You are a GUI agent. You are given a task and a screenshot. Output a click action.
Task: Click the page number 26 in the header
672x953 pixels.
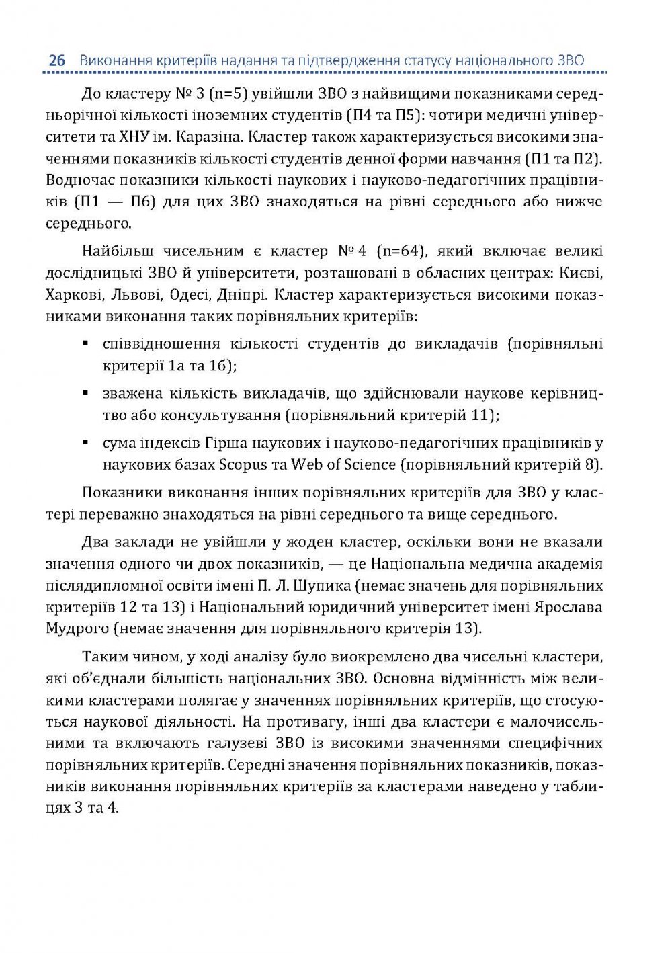56,60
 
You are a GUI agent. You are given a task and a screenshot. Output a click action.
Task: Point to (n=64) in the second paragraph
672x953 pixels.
401,251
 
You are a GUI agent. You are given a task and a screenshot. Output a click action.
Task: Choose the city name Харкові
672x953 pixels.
73,295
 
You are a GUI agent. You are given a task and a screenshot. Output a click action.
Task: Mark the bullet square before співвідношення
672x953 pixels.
86,343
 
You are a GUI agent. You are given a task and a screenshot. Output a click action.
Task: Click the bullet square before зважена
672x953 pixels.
86,392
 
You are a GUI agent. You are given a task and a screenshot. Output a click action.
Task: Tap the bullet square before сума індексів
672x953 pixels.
86,442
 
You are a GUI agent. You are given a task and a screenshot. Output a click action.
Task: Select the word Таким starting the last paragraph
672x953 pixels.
103,657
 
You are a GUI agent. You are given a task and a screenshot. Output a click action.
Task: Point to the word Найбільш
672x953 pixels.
114,251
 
